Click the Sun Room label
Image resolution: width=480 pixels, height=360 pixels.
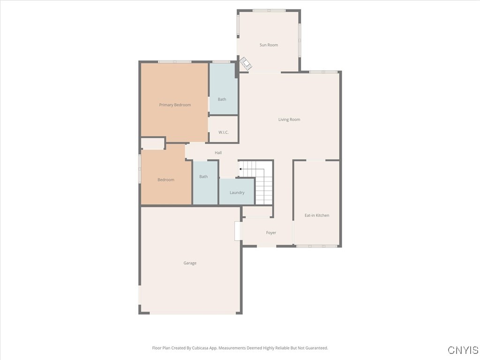click(269, 45)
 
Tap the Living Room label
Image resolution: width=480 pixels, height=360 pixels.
click(289, 120)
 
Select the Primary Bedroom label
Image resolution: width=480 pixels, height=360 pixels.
click(175, 105)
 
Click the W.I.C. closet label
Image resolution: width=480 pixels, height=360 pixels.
click(223, 132)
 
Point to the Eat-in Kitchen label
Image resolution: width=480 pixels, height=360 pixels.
click(317, 216)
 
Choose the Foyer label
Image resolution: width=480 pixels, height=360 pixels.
click(271, 233)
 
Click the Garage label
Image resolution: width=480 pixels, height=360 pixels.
click(190, 263)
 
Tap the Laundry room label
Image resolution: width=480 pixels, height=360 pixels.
click(237, 193)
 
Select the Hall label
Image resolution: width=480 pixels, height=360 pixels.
click(218, 153)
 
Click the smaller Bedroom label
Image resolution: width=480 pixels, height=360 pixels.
click(165, 180)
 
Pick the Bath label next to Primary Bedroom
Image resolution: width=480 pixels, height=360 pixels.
click(222, 99)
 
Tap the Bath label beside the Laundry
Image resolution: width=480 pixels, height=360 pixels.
click(203, 177)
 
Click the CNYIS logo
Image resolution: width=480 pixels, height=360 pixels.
click(463, 350)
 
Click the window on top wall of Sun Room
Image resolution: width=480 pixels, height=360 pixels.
click(269, 10)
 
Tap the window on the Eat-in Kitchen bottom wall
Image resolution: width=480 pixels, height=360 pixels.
click(317, 246)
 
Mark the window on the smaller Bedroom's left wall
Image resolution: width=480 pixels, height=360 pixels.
click(140, 169)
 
